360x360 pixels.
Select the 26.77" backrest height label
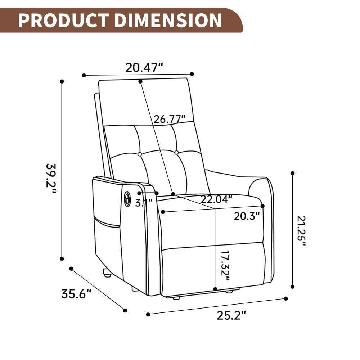(x=170, y=119)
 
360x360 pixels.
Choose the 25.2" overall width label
(x=231, y=315)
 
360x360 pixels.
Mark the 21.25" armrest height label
(x=302, y=230)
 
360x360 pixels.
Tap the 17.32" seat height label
(x=225, y=266)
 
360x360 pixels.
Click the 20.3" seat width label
(x=247, y=216)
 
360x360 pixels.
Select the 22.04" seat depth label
(x=216, y=199)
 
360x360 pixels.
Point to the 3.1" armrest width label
(x=144, y=203)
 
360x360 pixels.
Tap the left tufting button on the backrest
(x=140, y=154)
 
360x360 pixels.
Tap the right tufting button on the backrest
(x=176, y=153)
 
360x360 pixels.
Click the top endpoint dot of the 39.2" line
(x=62, y=81)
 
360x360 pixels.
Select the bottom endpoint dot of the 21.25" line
(x=292, y=287)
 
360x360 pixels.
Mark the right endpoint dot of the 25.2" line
(x=286, y=298)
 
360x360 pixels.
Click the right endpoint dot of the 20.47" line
(x=192, y=74)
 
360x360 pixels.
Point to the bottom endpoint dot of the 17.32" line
(x=215, y=289)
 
